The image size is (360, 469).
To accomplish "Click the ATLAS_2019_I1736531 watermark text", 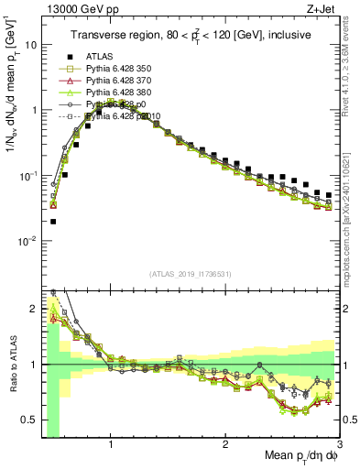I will pyautogui.click(x=190, y=275).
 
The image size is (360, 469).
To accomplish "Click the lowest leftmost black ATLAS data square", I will pyautogui.click(x=53, y=221).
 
